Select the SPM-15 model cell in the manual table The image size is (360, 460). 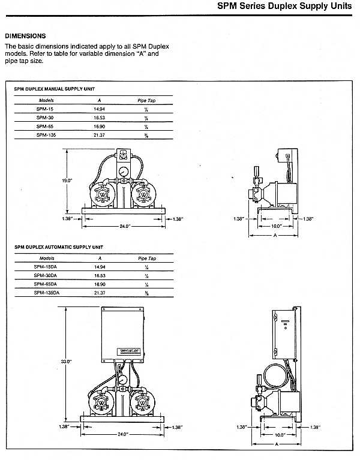click(43, 110)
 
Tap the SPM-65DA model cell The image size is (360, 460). click(46, 284)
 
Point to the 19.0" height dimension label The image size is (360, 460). click(67, 180)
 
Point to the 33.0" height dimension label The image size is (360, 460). click(65, 361)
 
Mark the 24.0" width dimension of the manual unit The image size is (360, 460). click(124, 226)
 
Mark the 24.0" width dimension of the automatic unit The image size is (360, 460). click(124, 434)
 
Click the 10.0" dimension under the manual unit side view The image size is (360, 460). click(275, 226)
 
